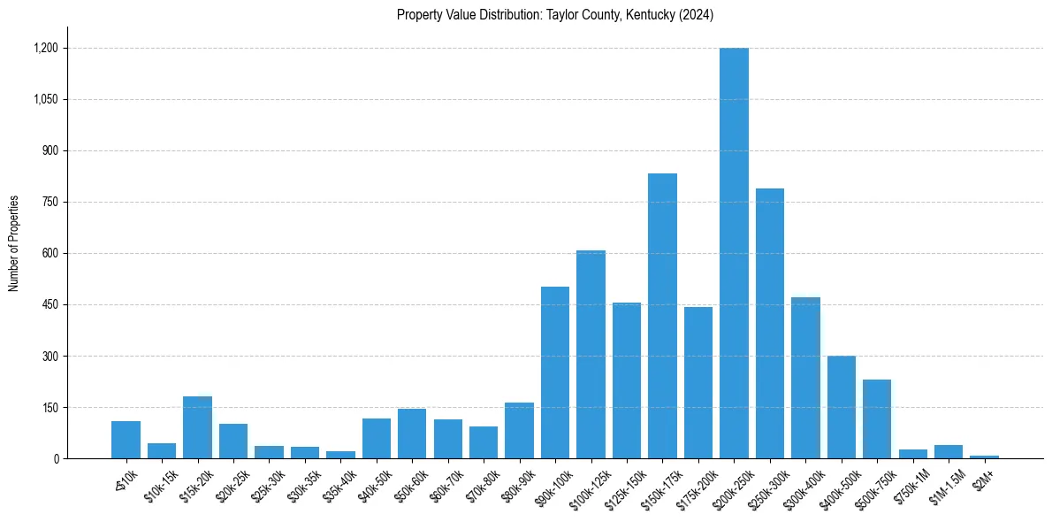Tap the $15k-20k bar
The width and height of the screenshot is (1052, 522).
click(x=197, y=427)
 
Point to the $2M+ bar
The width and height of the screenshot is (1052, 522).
click(x=984, y=457)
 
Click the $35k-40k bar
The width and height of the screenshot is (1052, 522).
click(x=340, y=455)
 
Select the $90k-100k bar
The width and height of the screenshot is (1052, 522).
click(x=555, y=372)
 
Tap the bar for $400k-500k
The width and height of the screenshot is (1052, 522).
click(x=842, y=407)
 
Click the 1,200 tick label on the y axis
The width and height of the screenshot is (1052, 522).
click(x=45, y=48)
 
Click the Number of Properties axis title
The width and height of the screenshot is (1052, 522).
click(x=14, y=243)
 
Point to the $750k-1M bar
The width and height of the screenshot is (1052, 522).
click(x=913, y=453)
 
